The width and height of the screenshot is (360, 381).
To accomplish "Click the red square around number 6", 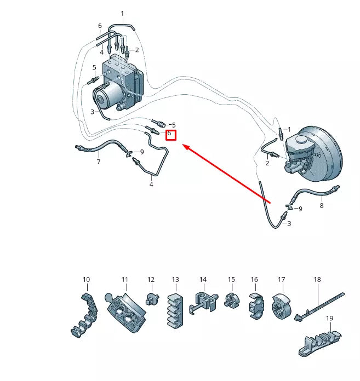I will point(170,134).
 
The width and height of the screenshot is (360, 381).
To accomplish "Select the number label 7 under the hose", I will point(99,162).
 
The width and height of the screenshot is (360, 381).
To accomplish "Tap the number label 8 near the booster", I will point(322,206).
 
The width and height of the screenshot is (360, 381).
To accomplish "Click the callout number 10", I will point(86,280).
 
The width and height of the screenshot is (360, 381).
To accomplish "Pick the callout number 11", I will point(124,280).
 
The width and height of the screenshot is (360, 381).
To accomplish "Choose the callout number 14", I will point(202,280).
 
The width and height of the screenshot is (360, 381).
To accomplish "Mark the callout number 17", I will point(281,280).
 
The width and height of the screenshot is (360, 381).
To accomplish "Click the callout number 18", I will point(317,280).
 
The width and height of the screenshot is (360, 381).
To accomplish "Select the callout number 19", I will point(329,318).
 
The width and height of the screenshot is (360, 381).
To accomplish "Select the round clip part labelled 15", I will point(231,302).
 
